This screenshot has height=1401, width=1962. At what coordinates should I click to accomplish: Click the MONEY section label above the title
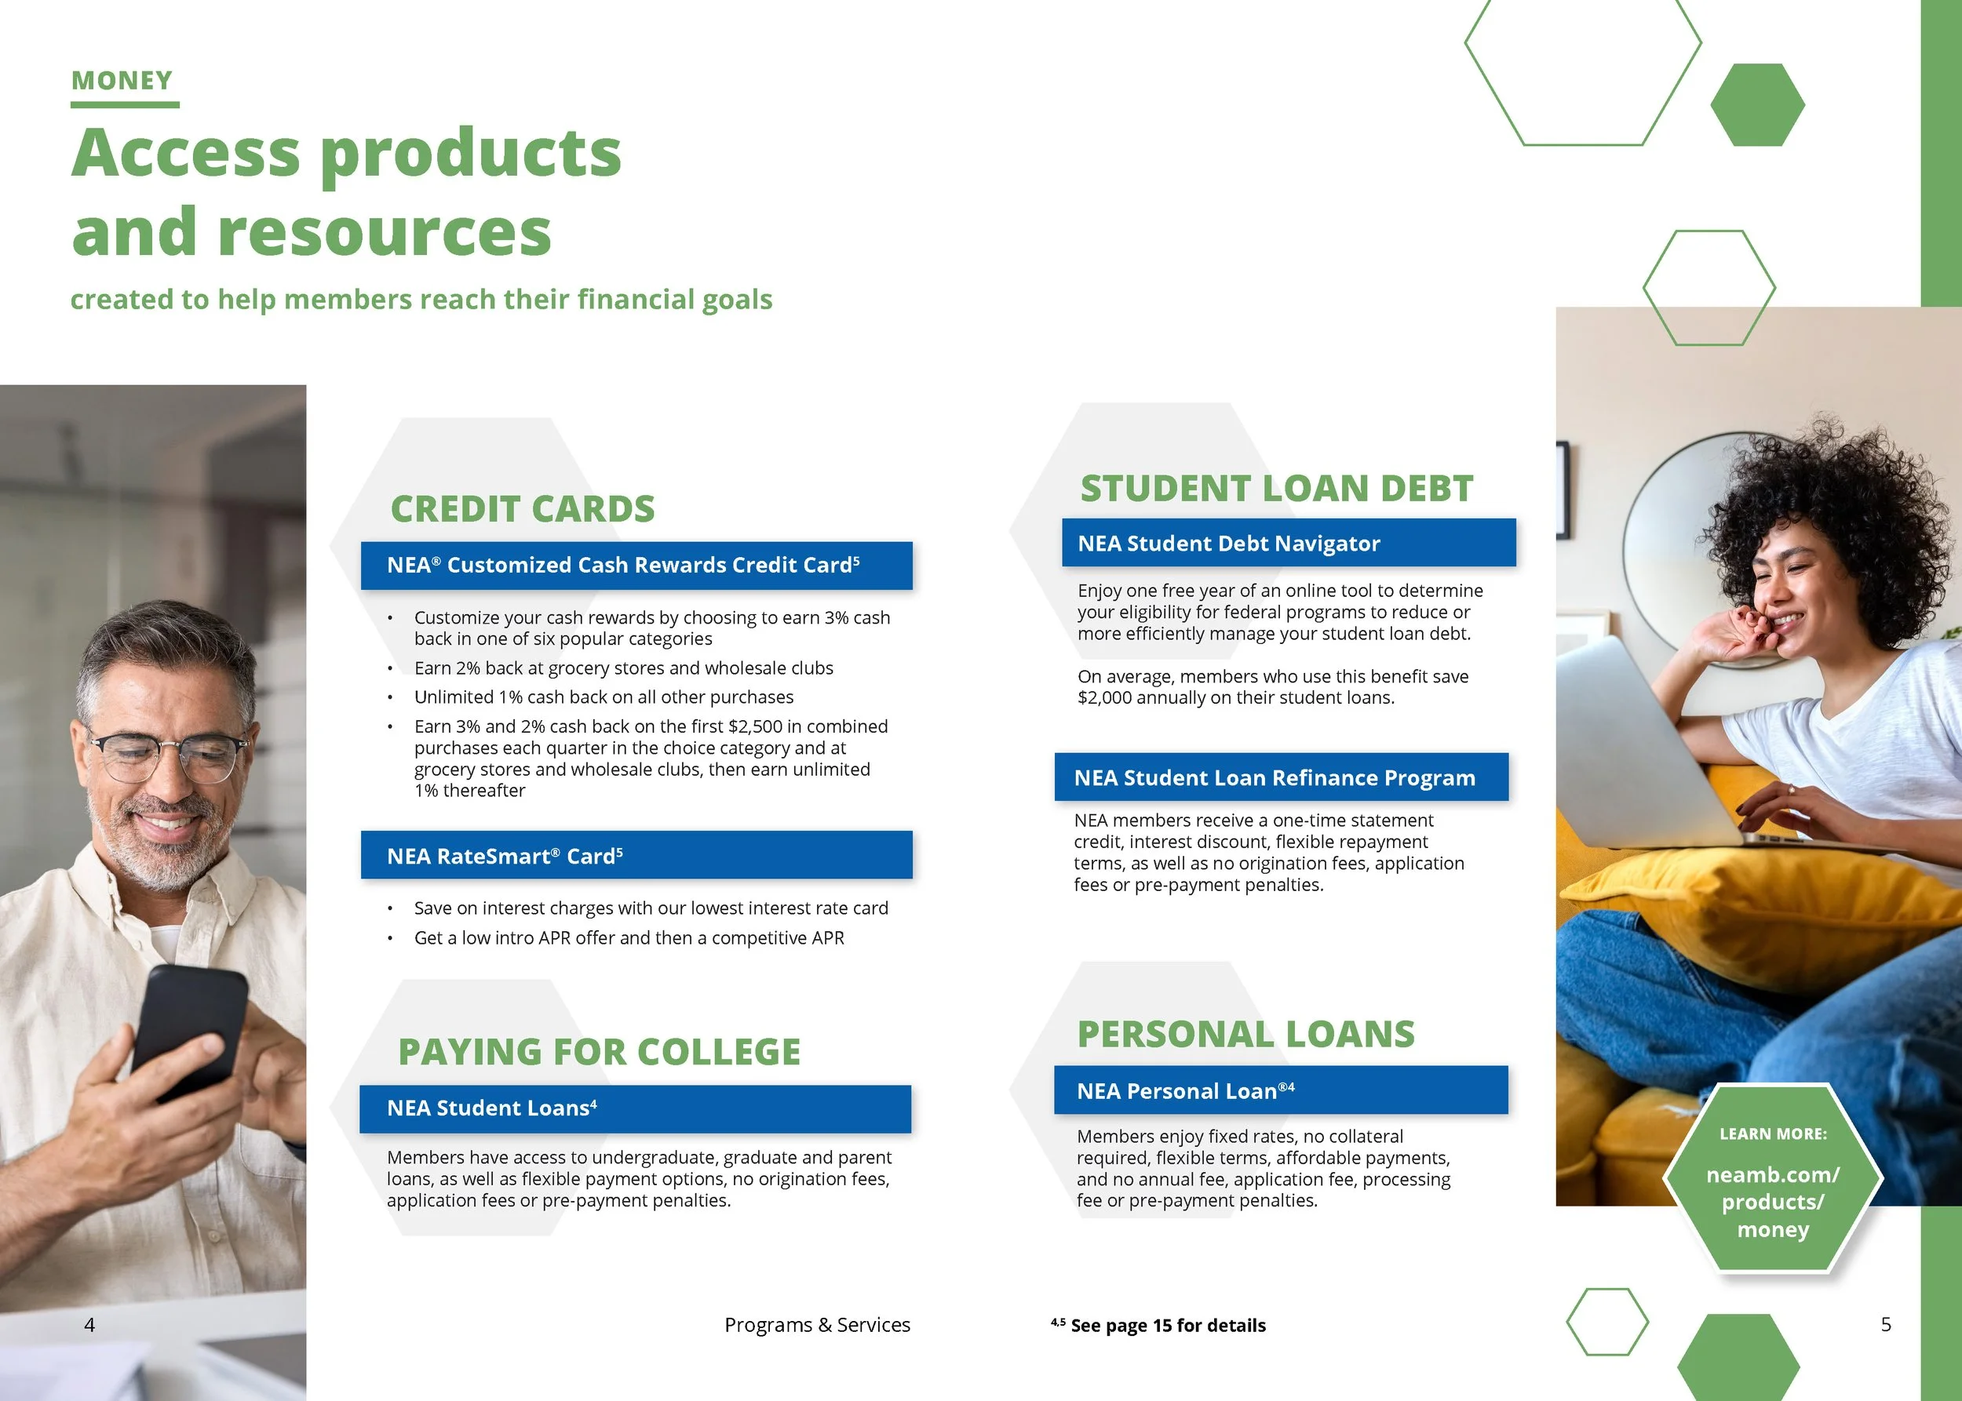122,81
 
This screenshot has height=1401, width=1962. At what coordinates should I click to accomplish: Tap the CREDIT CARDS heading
522,509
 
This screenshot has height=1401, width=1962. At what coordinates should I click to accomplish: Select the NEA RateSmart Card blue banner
636,856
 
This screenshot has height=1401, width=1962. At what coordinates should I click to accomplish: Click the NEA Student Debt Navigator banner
1288,544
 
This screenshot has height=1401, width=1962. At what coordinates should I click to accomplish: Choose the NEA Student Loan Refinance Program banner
1281,778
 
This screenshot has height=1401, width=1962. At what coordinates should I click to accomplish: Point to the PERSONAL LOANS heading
1245,1035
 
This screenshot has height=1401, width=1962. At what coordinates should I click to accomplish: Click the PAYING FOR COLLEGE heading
599,1053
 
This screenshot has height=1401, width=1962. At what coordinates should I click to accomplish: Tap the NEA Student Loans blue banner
636,1108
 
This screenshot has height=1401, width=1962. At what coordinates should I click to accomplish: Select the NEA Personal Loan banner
1280,1091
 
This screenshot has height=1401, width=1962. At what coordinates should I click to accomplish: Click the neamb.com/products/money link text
1773,1202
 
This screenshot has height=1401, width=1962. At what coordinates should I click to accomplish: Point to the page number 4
89,1325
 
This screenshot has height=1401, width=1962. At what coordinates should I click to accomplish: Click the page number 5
1886,1324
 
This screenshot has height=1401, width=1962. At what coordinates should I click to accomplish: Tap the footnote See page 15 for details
1167,1326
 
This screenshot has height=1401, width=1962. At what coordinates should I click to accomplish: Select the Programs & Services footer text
816,1325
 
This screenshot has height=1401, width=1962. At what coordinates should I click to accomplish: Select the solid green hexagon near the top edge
1756,104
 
